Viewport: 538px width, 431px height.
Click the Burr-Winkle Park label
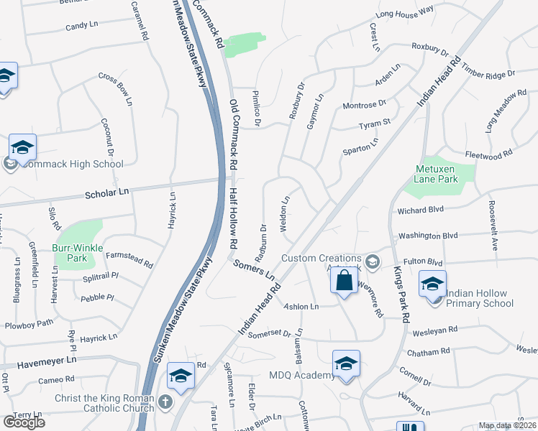click(78, 251)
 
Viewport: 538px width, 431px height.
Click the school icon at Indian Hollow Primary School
click(432, 284)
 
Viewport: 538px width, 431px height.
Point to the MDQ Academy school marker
click(346, 363)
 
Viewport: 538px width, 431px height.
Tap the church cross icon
click(165, 403)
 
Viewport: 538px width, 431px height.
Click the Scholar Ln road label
click(106, 193)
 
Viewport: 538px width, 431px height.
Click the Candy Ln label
click(81, 26)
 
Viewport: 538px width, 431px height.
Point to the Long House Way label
click(404, 11)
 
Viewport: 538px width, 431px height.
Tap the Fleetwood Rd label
click(488, 153)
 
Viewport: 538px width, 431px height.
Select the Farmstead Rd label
click(129, 259)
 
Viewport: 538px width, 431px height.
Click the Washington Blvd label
click(428, 235)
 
